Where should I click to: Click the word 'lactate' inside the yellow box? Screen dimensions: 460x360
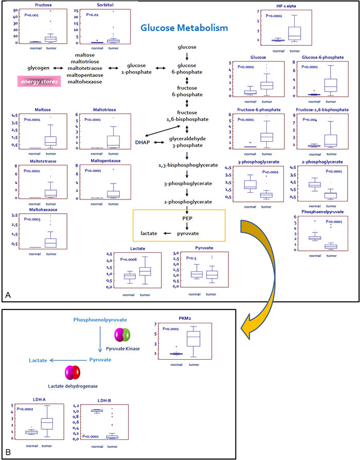pos(149,233)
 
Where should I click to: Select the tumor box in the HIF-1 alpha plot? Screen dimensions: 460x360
pos(294,32)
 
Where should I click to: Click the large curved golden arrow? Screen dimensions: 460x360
pos(257,267)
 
